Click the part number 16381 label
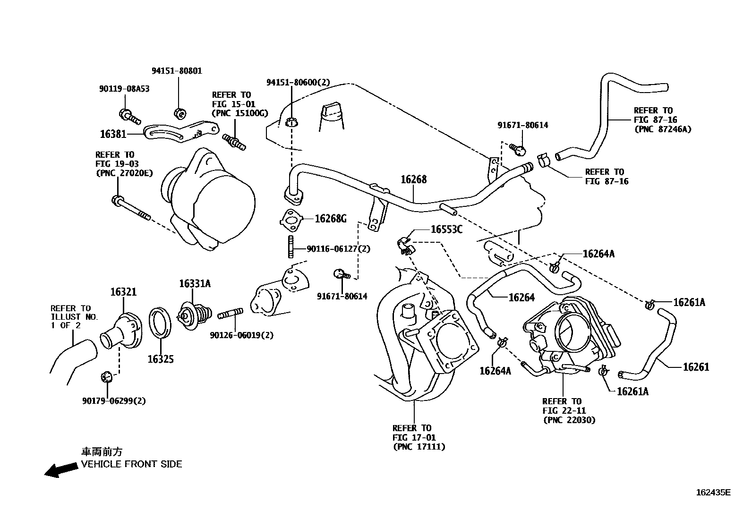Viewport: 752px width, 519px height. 113,134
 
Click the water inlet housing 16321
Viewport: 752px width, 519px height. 121,331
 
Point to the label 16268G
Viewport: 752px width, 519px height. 330,219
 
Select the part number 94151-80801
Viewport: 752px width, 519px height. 177,71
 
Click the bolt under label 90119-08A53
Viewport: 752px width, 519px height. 129,117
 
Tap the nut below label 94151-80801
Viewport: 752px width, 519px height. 180,113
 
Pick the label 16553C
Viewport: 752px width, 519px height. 446,230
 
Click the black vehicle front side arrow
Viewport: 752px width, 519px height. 61,469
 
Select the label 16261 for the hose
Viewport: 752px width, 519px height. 696,367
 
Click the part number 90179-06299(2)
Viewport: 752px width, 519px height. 114,401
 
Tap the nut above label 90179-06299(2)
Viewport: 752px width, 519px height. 106,377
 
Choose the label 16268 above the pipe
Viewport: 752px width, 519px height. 414,179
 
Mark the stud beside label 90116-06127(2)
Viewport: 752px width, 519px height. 291,247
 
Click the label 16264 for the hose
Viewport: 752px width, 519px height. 521,298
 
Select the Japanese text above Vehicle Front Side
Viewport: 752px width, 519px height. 102,452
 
